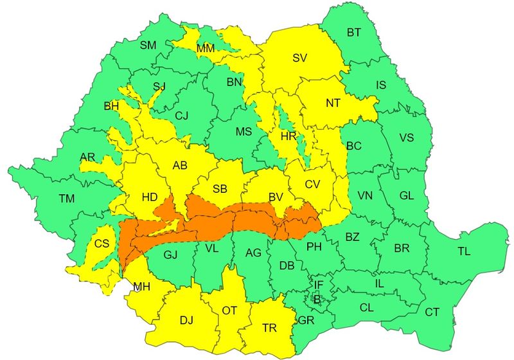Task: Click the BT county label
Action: click(354, 32)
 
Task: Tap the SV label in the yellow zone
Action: click(299, 58)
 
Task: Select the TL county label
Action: click(465, 251)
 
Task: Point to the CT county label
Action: click(432, 312)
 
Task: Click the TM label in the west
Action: click(67, 199)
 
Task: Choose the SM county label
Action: click(148, 45)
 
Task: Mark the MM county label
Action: click(206, 49)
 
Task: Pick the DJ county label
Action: click(186, 319)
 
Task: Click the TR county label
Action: click(270, 328)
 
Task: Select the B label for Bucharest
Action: click(316, 298)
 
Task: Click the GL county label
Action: click(407, 195)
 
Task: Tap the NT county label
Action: click(333, 103)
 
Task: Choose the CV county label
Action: click(313, 184)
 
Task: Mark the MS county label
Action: click(244, 132)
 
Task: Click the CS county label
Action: click(102, 244)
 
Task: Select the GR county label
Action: click(306, 319)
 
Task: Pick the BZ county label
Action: click(353, 237)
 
